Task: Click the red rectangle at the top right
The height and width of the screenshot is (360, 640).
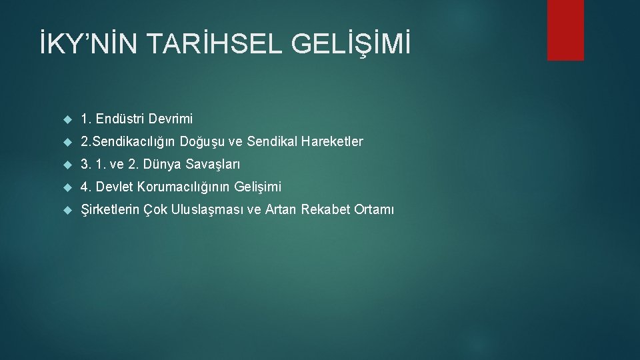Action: [565, 29]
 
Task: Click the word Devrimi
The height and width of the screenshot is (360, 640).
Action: [171, 119]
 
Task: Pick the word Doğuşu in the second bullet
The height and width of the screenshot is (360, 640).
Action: [207, 142]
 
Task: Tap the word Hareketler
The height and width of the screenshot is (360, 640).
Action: [333, 142]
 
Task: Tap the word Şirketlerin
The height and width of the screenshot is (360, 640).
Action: [109, 210]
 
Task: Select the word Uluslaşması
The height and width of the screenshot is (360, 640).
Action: [207, 210]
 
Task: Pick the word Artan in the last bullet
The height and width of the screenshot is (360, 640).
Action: [280, 210]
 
